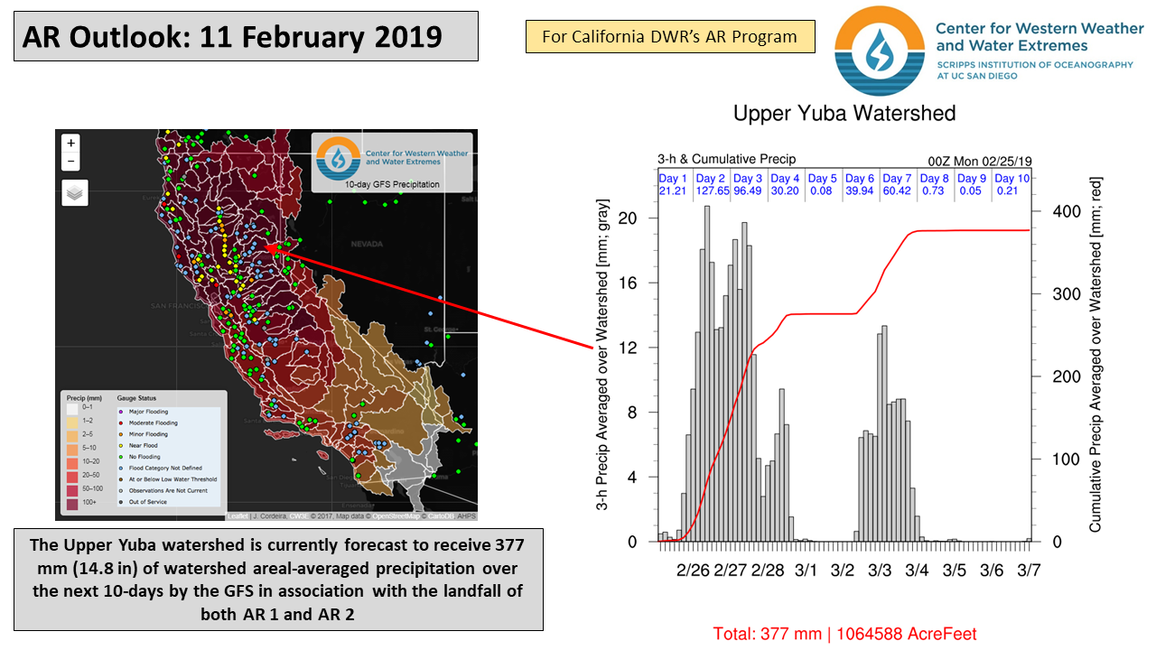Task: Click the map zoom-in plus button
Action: coord(71,143)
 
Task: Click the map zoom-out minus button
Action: coord(71,162)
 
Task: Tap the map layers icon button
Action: coord(74,193)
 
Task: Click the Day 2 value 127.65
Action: coord(711,190)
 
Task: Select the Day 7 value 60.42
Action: coord(897,190)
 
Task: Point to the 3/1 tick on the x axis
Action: coord(806,571)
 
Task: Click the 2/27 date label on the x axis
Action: coord(730,571)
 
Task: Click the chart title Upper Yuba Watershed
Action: coord(844,114)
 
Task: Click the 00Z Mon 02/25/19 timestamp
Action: coord(980,162)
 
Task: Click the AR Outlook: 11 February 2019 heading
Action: coord(233,37)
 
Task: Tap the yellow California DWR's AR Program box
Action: coord(669,37)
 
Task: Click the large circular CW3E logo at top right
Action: coord(879,51)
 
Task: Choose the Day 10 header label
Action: coord(1011,179)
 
